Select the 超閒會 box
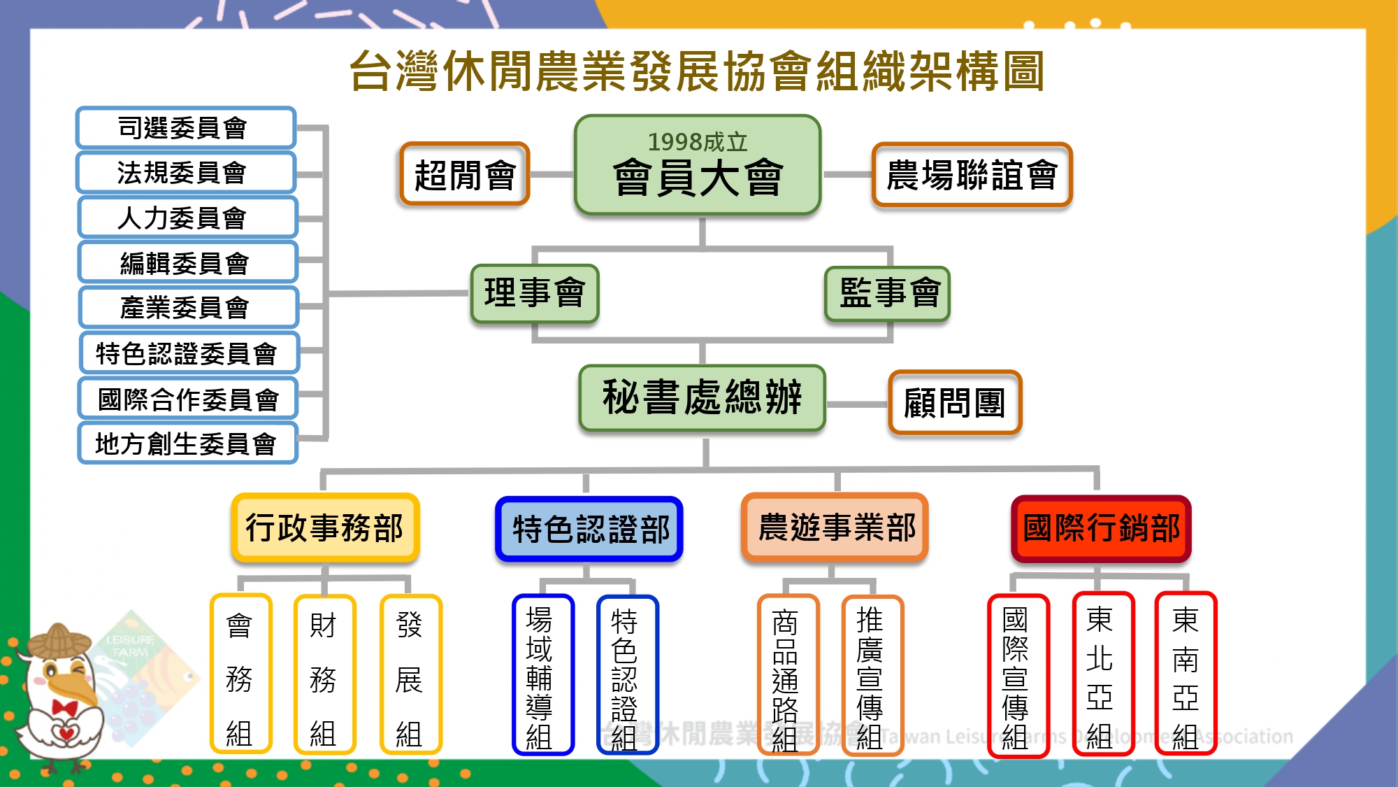(x=464, y=174)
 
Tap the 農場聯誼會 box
(x=972, y=174)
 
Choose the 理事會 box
(x=535, y=293)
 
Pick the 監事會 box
(x=888, y=293)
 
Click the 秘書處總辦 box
(x=702, y=397)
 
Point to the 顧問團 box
(x=955, y=402)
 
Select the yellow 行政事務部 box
(x=325, y=527)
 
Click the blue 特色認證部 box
(x=589, y=529)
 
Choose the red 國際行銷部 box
(x=1101, y=528)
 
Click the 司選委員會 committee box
(x=186, y=127)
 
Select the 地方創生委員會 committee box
(x=187, y=443)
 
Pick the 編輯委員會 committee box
(x=187, y=262)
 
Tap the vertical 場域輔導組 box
(x=542, y=675)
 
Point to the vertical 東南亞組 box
(x=1186, y=673)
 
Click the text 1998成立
(x=697, y=142)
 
